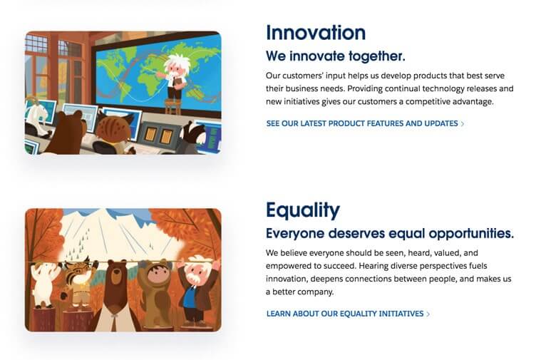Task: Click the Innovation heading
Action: click(x=315, y=32)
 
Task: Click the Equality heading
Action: click(x=302, y=210)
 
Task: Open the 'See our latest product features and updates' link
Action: click(x=362, y=123)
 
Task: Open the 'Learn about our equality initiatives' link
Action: click(x=345, y=314)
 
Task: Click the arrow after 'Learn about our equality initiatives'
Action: click(x=428, y=314)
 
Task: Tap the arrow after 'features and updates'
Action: click(x=463, y=123)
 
